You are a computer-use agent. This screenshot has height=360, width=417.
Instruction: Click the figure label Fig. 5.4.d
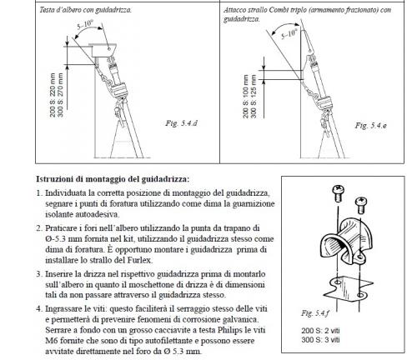181,123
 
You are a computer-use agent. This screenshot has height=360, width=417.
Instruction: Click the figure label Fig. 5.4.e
370,125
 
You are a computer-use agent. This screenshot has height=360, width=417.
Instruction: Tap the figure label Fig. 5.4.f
315,313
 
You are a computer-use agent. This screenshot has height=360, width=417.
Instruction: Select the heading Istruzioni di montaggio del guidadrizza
113,179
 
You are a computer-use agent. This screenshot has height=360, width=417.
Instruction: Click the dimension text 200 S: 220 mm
53,95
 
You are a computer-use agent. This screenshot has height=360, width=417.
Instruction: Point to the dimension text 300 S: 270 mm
60,95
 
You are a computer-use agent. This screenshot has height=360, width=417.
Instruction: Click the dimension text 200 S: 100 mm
245,97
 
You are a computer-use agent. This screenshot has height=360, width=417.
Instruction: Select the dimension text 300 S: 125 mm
253,97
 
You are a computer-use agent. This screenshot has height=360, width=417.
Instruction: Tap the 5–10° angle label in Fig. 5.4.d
85,24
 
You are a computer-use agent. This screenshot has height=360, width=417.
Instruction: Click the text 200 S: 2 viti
320,331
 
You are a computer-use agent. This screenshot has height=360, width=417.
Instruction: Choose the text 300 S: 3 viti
320,339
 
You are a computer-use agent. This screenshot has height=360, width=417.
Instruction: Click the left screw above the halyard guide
338,192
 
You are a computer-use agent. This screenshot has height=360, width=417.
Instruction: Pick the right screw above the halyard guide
361,205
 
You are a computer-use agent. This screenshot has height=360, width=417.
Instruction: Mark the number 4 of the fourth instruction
38,308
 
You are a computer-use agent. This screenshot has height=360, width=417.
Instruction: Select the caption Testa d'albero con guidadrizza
85,10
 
